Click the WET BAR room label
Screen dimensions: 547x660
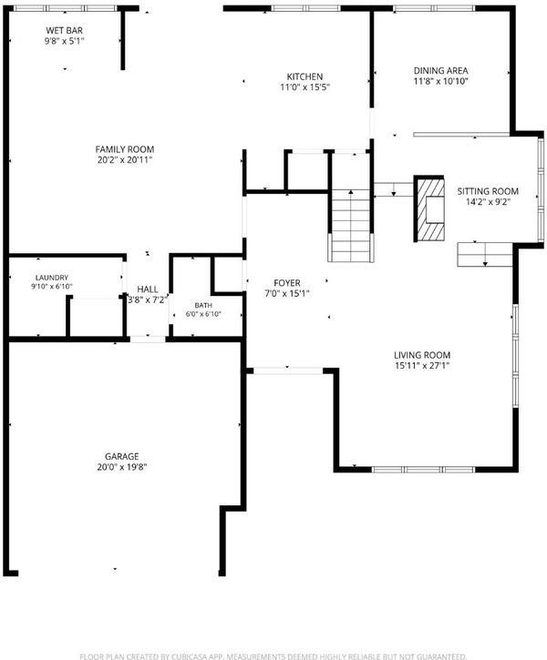64,30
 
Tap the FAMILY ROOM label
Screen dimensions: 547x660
125,149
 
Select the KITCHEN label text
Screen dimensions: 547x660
304,76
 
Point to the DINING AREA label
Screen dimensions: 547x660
441,71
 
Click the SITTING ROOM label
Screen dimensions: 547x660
488,191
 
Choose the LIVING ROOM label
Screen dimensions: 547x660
422,355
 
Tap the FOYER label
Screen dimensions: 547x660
287,283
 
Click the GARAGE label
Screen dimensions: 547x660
122,456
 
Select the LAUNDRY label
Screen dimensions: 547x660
52,278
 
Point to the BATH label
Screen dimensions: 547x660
203,305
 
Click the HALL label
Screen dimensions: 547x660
148,289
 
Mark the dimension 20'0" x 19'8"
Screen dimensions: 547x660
122,467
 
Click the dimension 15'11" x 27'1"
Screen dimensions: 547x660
422,365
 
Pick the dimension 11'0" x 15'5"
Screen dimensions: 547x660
304,87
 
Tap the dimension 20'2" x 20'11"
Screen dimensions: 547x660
125,159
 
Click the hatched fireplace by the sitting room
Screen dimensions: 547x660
429,208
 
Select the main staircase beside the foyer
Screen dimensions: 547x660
351,226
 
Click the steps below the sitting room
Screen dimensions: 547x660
485,254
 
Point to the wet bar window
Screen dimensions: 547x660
65,8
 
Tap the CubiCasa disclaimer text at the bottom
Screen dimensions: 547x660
273,656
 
